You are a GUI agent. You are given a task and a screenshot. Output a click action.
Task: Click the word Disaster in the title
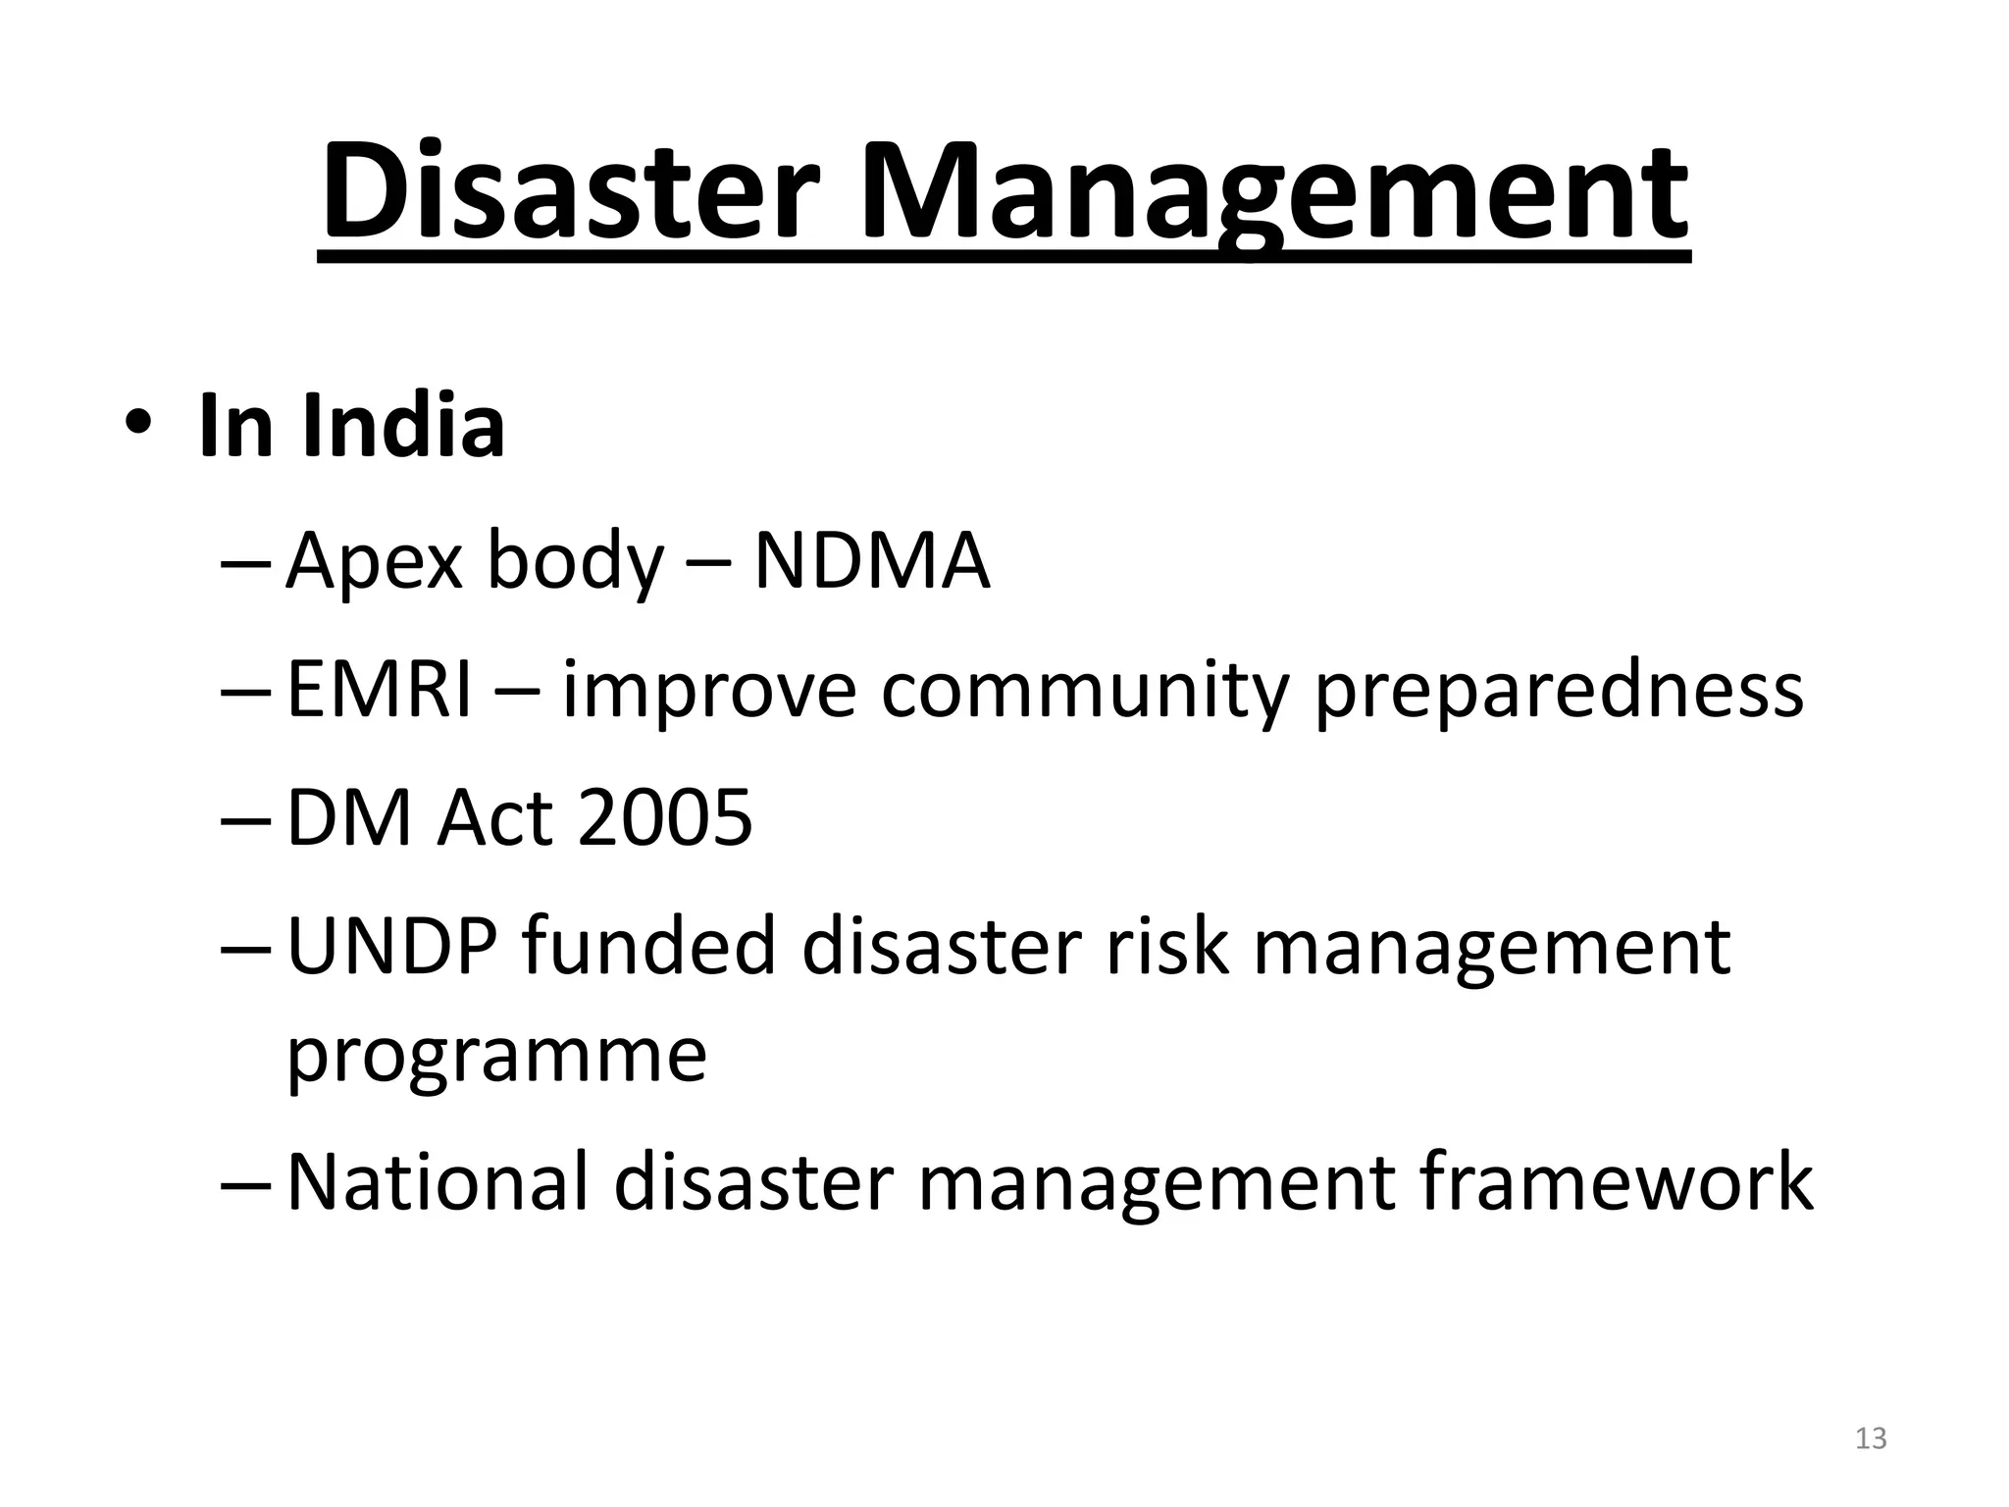coord(569,192)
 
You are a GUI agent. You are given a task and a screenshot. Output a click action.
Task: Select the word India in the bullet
coord(403,426)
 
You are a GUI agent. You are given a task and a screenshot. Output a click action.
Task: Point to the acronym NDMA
coord(871,561)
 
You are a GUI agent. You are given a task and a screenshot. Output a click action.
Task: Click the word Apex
coord(374,563)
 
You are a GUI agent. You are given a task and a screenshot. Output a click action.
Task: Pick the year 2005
coord(665,817)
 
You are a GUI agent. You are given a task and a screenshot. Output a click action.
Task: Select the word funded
coord(648,946)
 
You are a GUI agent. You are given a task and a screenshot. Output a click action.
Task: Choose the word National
coord(438,1181)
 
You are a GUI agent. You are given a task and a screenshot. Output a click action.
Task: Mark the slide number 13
coord(1871,1438)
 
